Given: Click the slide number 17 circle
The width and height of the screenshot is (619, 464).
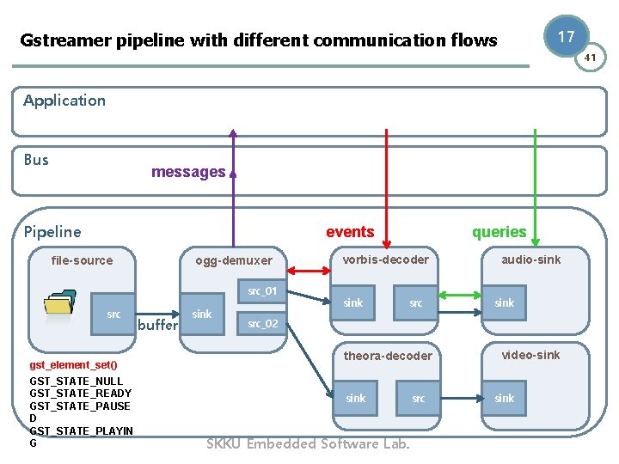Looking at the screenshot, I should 566,36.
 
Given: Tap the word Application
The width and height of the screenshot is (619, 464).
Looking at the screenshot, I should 64,101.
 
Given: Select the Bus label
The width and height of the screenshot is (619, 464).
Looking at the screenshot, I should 36,160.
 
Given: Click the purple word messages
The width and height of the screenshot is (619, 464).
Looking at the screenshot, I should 187,172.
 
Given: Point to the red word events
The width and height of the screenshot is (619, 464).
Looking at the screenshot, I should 350,232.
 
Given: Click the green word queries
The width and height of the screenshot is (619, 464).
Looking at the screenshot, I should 499,232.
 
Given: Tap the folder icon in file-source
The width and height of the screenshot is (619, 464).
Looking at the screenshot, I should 60,303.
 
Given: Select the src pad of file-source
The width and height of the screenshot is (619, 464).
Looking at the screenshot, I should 113,314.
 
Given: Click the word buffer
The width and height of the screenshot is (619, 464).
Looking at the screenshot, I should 157,325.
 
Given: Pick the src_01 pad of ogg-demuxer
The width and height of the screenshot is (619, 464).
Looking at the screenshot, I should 262,291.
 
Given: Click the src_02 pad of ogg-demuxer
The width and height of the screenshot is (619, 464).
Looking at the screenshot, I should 262,324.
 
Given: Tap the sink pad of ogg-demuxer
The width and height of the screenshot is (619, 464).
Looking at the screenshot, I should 202,314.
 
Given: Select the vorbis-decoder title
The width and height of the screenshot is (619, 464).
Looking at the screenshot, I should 385,259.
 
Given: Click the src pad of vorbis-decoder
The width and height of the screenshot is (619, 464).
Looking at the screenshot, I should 416,303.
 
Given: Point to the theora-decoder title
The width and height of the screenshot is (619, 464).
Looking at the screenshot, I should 388,356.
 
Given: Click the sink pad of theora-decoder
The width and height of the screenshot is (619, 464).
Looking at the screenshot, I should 355,399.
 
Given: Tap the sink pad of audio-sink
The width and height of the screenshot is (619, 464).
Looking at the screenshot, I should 505,303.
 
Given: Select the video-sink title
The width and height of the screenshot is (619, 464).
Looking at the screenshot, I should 530,355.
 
